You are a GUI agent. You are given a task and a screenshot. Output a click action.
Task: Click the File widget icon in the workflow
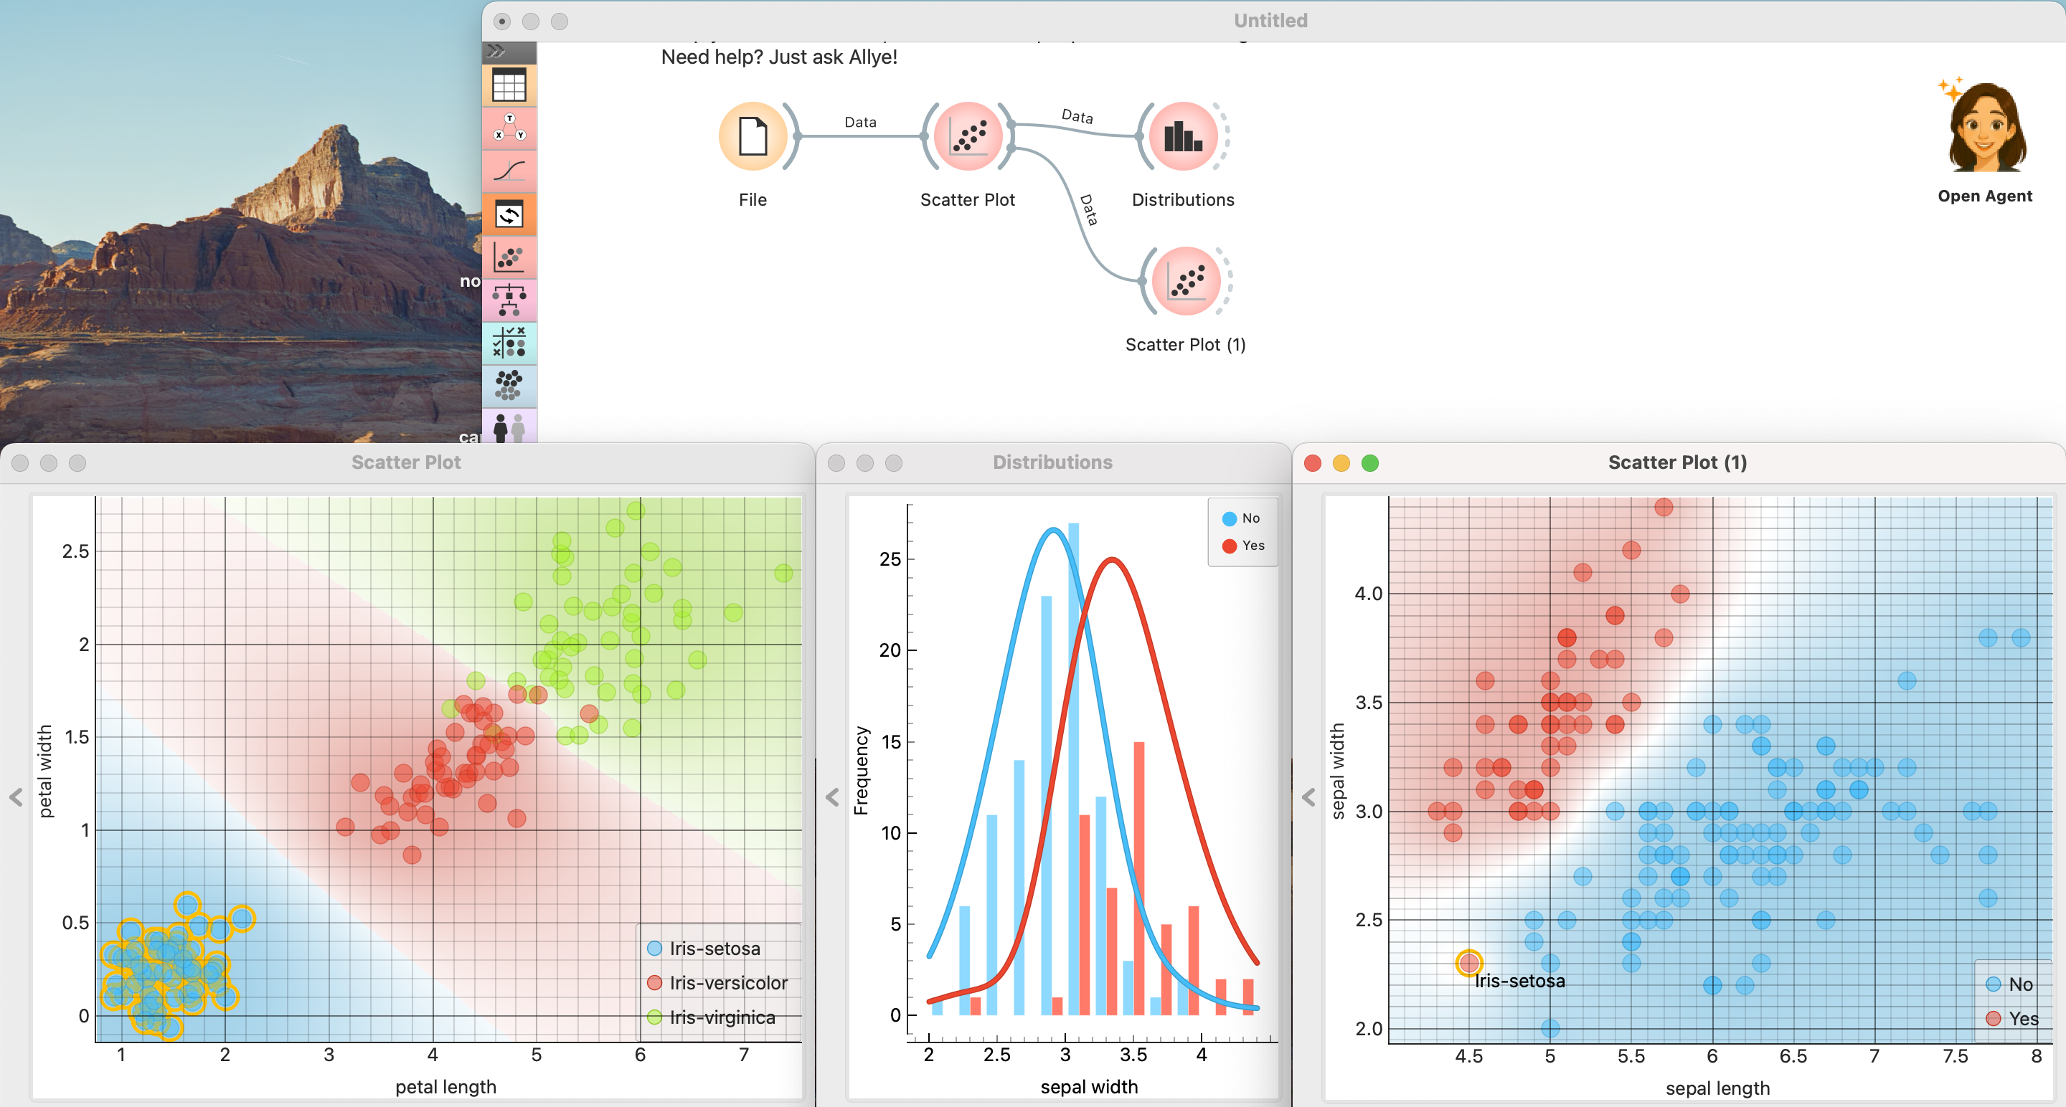coord(753,137)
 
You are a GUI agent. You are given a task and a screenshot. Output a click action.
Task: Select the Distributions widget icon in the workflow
coord(1183,137)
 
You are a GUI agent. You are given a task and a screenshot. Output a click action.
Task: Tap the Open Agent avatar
coord(1984,128)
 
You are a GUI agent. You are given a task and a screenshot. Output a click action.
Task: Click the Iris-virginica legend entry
coord(721,1017)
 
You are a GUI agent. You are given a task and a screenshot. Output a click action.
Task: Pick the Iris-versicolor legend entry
coord(727,983)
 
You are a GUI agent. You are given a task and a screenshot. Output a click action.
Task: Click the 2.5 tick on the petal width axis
coord(75,551)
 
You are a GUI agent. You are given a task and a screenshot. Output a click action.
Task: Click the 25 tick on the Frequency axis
coord(890,559)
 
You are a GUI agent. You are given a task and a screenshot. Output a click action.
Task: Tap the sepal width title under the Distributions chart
coord(1088,1087)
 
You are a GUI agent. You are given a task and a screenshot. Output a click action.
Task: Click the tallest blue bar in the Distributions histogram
coord(1073,769)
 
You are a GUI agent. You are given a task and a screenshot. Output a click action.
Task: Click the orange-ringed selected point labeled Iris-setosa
coord(1468,963)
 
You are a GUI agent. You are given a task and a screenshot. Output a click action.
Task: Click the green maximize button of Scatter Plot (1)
coord(1370,463)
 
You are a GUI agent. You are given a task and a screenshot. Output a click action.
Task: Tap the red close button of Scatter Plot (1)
coord(1313,463)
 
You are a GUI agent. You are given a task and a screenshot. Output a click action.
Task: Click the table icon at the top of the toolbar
coord(509,86)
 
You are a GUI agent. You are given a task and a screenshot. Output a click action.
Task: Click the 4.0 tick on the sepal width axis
coord(1368,594)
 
